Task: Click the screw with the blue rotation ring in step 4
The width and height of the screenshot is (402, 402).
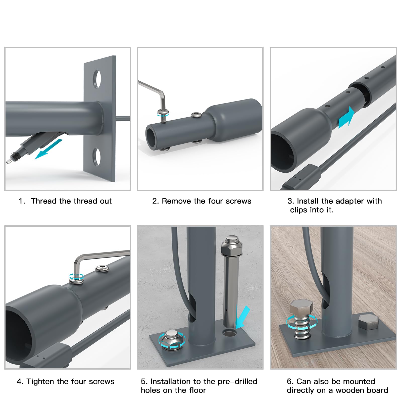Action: tap(76, 279)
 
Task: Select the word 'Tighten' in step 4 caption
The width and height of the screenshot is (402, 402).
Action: tap(40, 381)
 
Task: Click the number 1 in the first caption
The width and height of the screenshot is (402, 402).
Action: tap(21, 201)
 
